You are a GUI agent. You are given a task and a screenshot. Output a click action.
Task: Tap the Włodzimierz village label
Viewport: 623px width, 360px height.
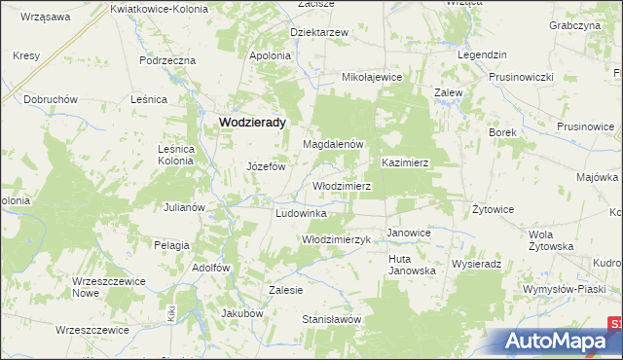click(x=341, y=185)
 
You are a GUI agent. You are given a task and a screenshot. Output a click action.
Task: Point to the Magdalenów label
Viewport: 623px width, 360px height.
click(x=333, y=144)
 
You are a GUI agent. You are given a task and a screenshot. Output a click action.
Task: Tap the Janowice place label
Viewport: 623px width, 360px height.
click(x=409, y=234)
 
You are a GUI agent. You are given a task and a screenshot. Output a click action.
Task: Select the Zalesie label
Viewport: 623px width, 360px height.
click(x=286, y=290)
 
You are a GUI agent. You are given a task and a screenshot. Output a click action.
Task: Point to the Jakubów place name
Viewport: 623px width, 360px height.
click(x=242, y=313)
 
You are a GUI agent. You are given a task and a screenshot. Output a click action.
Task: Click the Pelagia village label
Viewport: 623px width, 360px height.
click(x=171, y=245)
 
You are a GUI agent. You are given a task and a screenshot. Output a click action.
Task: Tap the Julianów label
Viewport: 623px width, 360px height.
click(x=183, y=207)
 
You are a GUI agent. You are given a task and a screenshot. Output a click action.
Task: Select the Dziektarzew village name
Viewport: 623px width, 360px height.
click(x=319, y=32)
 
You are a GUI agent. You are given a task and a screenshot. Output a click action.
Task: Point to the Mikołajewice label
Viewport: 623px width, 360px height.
click(x=371, y=76)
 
